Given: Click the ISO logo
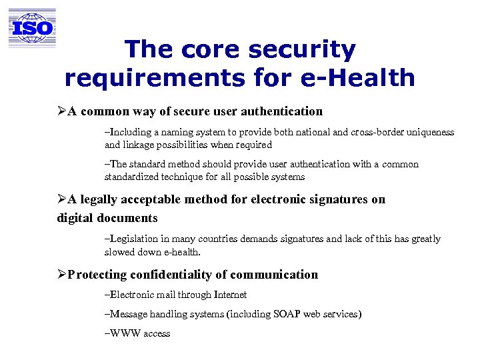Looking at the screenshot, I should click(x=32, y=28).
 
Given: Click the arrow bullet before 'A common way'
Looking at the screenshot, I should click(x=61, y=111).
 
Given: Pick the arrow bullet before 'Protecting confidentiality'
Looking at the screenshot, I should click(x=61, y=275).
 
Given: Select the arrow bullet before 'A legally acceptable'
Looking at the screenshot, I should click(x=61, y=199).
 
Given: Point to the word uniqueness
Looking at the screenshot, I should click(x=431, y=132).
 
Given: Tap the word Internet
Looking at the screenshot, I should click(x=230, y=295).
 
